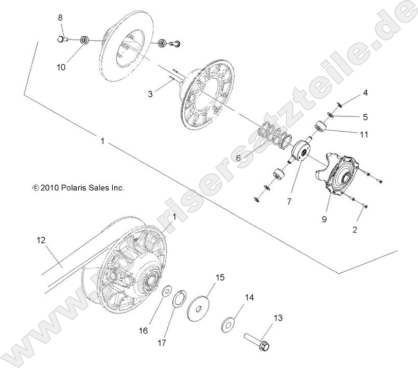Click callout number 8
click(60, 17)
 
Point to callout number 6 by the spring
click(238, 159)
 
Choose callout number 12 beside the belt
click(41, 239)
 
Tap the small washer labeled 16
click(167, 292)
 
